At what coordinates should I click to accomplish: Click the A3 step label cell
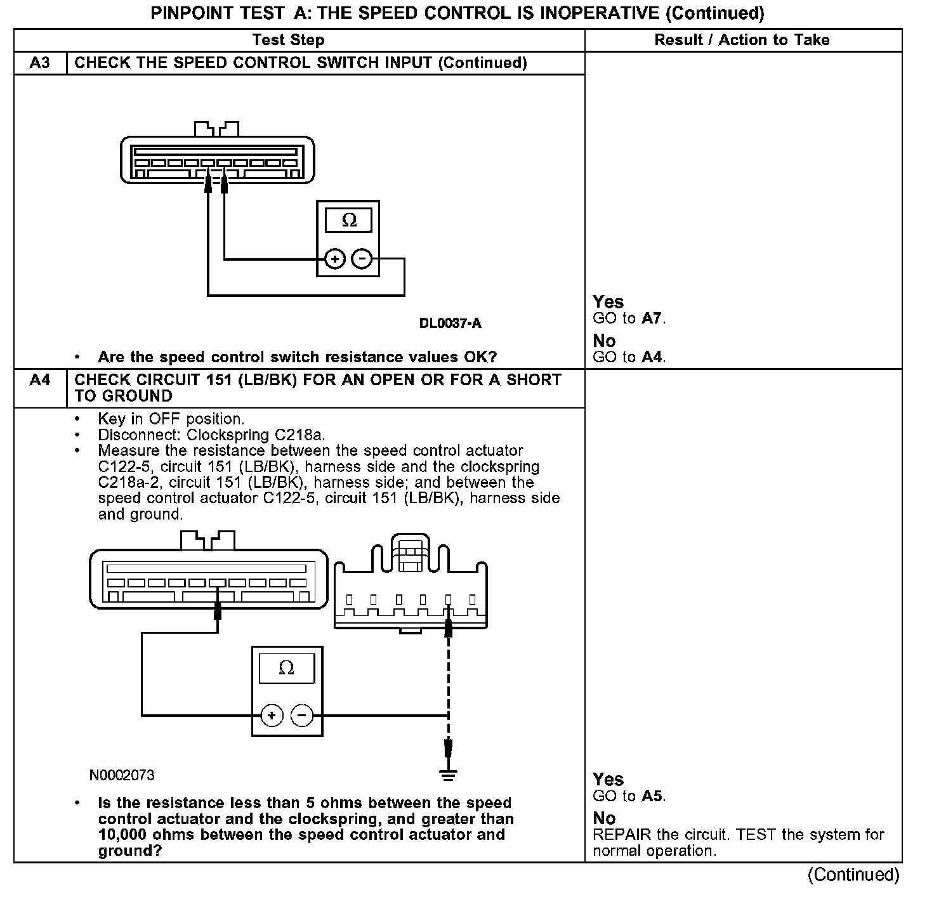coord(40,63)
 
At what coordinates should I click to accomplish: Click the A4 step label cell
coord(40,380)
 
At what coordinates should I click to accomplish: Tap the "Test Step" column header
coord(288,40)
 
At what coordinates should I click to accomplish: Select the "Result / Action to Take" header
coord(742,40)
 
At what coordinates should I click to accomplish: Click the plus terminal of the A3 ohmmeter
coord(334,259)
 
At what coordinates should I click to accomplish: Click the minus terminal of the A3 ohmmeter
coord(362,259)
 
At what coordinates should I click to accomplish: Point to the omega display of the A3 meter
coord(349,220)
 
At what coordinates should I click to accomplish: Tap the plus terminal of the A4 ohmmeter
coord(272,716)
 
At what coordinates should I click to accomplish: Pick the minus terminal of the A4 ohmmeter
coord(302,716)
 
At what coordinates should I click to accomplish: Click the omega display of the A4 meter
coord(286,668)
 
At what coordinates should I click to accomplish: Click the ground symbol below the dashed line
coord(449,774)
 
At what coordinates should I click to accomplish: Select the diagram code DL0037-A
coord(450,324)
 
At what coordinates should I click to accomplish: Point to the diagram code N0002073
coord(122,775)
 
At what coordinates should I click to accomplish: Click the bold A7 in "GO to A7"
coord(652,318)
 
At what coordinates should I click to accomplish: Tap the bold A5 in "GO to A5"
coord(652,796)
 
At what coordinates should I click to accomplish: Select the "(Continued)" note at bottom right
coord(853,875)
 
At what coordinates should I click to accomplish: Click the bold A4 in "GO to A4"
coord(652,357)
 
